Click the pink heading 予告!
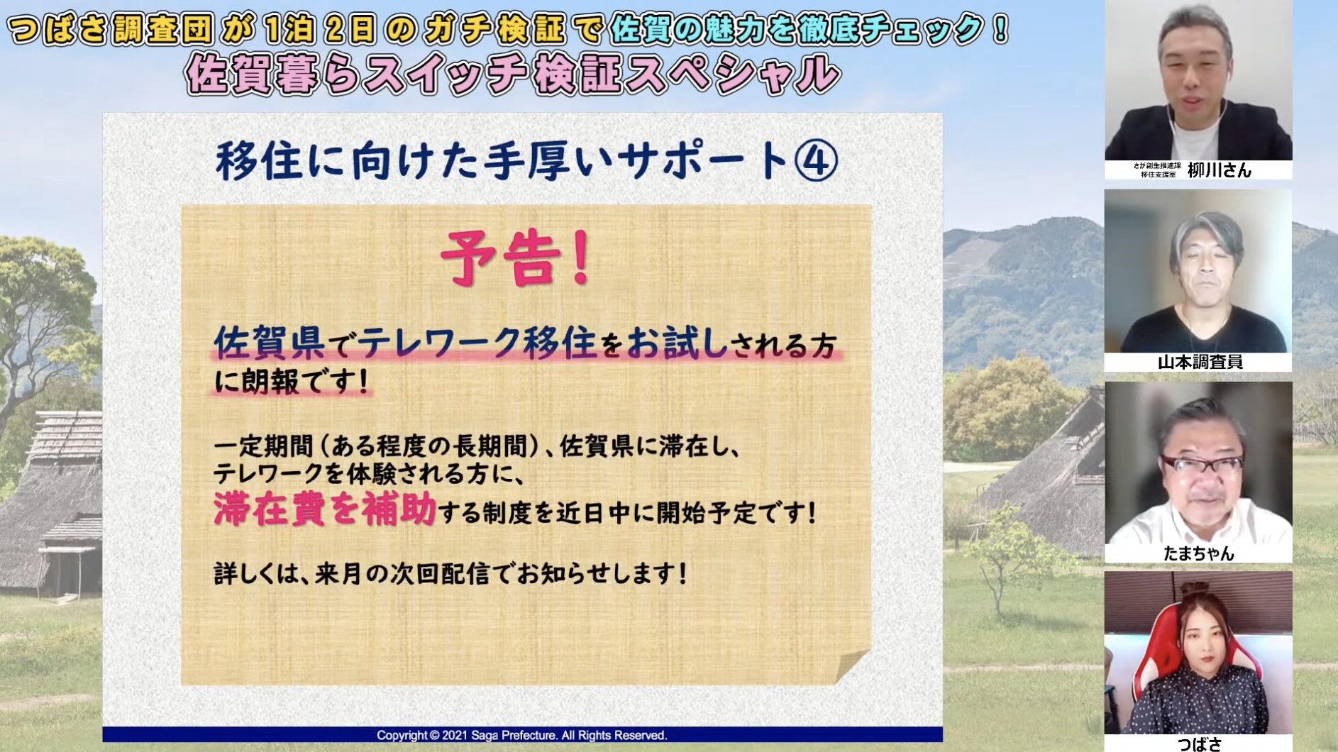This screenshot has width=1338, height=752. pyautogui.click(x=516, y=258)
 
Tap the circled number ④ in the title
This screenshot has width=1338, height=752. pyautogui.click(x=816, y=160)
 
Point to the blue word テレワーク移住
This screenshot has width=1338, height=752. pyautogui.click(x=475, y=343)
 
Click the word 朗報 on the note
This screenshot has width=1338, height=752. pyautogui.click(x=271, y=382)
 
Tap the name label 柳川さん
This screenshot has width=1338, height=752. pyautogui.click(x=1220, y=170)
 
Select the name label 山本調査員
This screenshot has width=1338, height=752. pyautogui.click(x=1200, y=362)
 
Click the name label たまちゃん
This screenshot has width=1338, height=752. pyautogui.click(x=1199, y=553)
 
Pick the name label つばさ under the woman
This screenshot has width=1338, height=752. pyautogui.click(x=1200, y=743)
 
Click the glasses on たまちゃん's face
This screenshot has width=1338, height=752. pyautogui.click(x=1201, y=465)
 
